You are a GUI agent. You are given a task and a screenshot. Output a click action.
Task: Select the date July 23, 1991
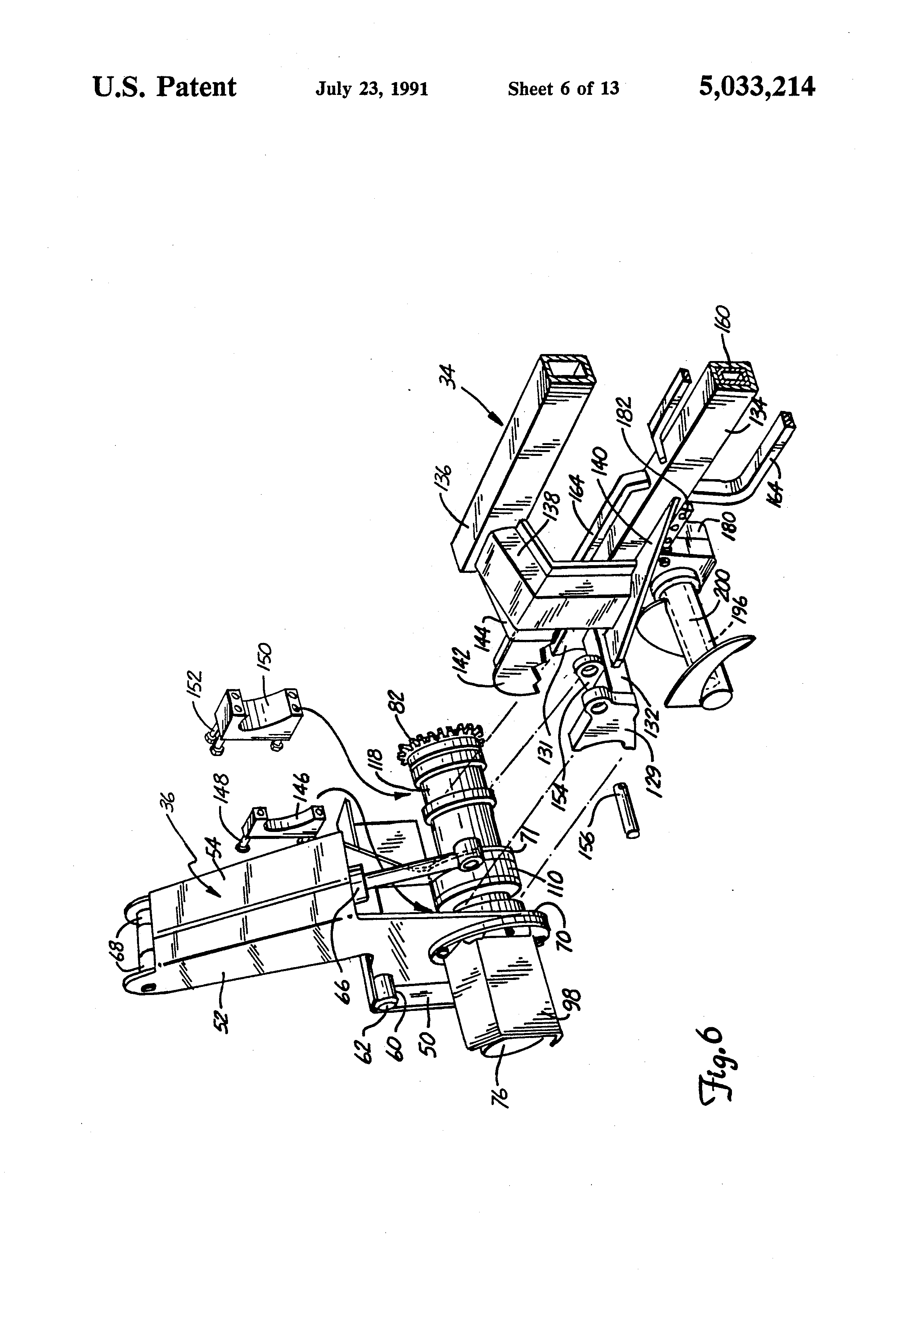click(x=372, y=89)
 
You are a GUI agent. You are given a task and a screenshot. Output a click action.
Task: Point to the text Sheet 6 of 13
click(x=563, y=89)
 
